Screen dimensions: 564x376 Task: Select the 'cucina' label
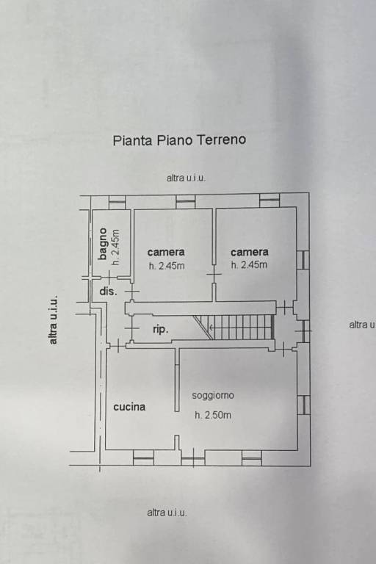[x=129, y=406]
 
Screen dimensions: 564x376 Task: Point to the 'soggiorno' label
[x=213, y=395]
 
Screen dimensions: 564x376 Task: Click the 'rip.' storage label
[x=160, y=330]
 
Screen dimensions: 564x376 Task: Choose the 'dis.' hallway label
[x=107, y=291]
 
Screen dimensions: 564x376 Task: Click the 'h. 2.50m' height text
[x=213, y=415]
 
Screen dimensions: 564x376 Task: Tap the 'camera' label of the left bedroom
[x=166, y=252]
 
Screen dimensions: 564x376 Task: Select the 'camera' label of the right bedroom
[x=249, y=252]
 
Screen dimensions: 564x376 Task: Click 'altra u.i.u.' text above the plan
[x=186, y=178]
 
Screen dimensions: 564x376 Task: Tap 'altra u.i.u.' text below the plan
[x=167, y=513]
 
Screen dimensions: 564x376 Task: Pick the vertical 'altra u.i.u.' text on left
[x=53, y=320]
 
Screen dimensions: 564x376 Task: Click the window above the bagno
[x=117, y=201]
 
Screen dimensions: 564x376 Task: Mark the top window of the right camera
[x=270, y=200]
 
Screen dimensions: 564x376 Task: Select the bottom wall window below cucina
[x=143, y=457]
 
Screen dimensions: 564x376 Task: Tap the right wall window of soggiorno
[x=303, y=405]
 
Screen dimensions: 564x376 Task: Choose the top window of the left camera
[x=186, y=200]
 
